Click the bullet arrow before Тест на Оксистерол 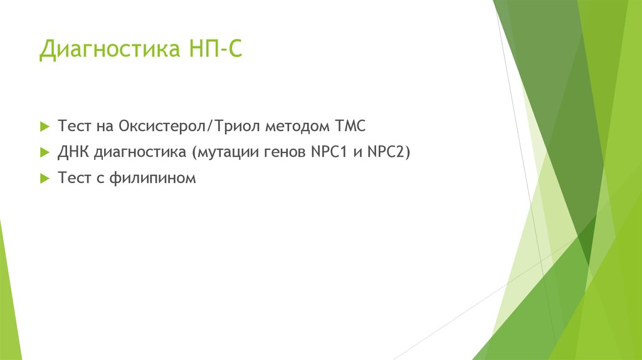pos(44,126)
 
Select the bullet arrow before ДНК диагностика pos(44,152)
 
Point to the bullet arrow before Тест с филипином pos(44,179)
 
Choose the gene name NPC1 pos(330,152)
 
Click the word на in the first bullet pos(103,126)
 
